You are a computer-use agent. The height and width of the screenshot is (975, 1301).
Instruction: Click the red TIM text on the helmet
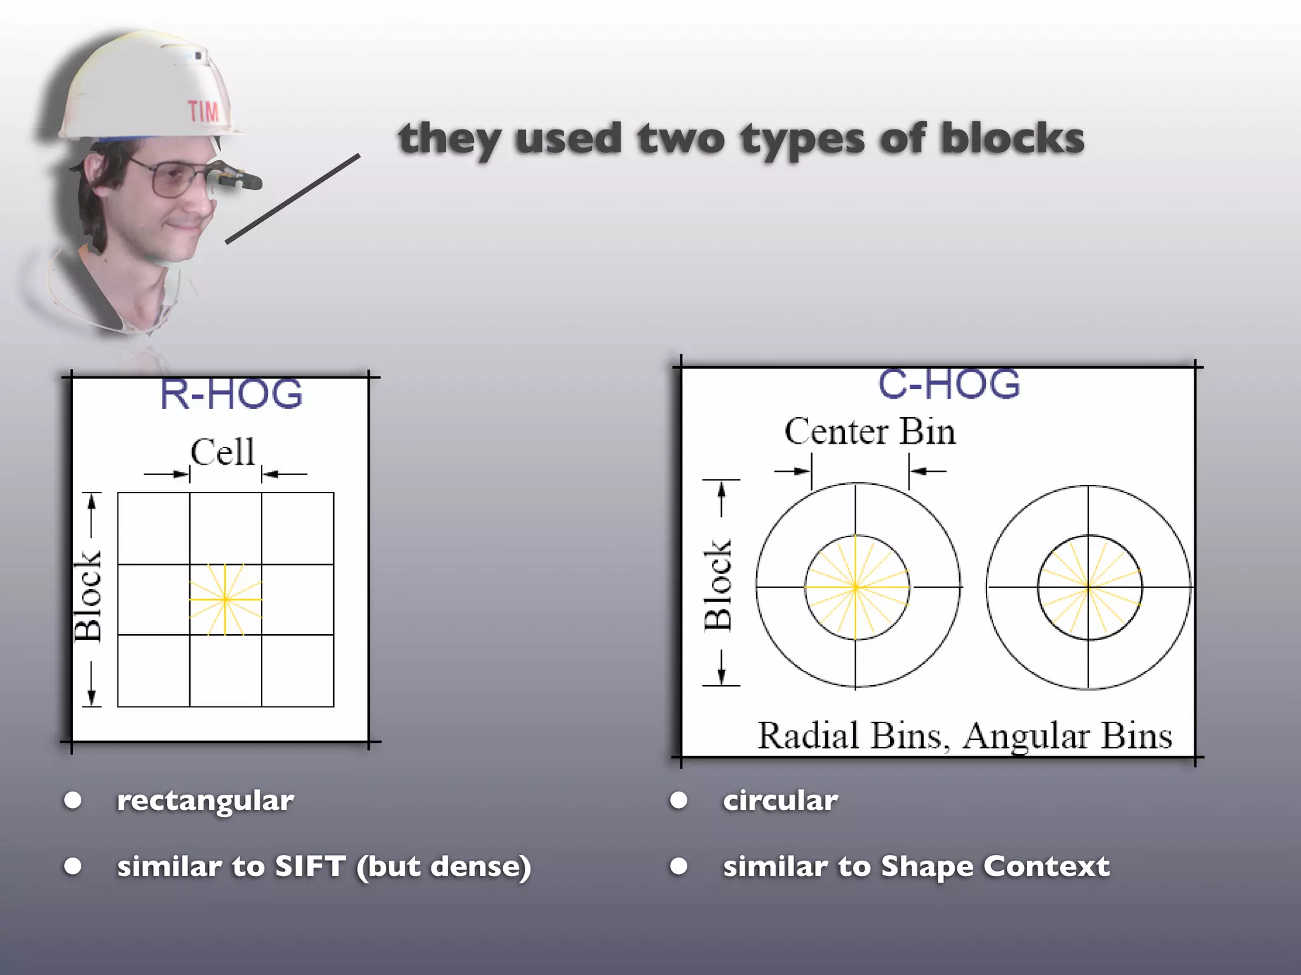(203, 112)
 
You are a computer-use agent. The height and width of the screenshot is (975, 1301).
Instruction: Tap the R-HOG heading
(231, 394)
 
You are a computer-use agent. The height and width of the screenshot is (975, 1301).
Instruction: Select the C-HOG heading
(948, 385)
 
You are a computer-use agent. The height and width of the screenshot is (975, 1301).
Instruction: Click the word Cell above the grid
(222, 453)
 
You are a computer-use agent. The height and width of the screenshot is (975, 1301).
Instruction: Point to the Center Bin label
(870, 432)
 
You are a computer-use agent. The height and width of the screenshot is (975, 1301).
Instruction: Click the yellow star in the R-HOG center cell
(225, 599)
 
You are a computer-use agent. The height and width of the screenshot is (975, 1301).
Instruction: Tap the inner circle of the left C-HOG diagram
(856, 587)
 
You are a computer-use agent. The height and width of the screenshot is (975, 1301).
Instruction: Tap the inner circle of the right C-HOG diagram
(1089, 587)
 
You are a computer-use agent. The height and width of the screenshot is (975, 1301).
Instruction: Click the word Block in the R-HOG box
(88, 596)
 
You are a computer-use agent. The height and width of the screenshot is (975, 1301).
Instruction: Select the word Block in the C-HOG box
(718, 585)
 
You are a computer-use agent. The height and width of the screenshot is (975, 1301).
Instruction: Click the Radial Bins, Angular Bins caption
(964, 736)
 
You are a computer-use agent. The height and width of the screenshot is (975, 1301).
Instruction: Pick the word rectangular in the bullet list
(205, 800)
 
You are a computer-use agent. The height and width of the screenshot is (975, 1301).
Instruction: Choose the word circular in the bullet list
(780, 800)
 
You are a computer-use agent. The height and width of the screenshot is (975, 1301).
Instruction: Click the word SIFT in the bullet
(310, 866)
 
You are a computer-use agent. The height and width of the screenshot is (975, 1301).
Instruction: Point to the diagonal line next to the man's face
(293, 199)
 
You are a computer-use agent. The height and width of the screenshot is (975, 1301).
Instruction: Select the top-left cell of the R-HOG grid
(153, 528)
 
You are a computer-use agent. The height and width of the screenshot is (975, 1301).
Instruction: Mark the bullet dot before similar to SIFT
(73, 866)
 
